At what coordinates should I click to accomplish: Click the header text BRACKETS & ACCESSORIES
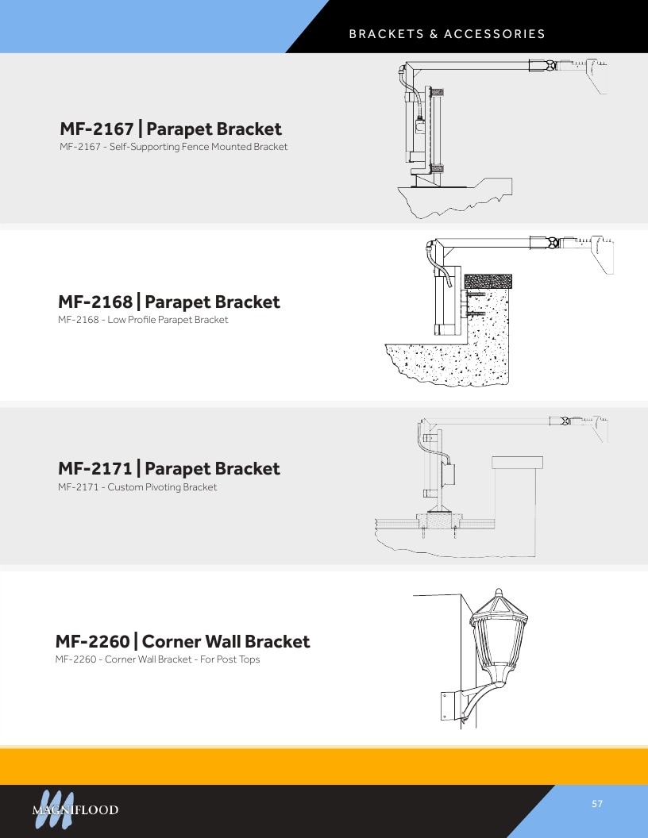tap(447, 34)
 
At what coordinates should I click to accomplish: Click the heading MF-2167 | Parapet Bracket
tap(171, 129)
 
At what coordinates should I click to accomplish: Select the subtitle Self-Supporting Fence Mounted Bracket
tap(199, 147)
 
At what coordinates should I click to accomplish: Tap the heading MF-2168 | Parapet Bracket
tap(169, 302)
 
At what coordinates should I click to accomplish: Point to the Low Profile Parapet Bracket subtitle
tap(168, 320)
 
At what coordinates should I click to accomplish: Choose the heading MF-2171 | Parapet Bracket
tap(169, 469)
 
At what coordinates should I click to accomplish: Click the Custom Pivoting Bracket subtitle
tap(162, 487)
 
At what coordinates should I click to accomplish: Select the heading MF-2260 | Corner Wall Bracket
tap(183, 641)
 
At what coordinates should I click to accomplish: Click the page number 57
tap(597, 804)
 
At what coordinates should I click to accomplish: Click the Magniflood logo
tap(75, 809)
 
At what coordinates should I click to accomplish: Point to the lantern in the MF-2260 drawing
tap(498, 639)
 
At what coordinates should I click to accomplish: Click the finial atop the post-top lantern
tap(498, 593)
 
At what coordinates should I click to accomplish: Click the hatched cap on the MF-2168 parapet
tap(488, 281)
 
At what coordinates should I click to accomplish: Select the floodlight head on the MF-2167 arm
tap(596, 76)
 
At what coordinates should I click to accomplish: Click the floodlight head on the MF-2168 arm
tap(602, 254)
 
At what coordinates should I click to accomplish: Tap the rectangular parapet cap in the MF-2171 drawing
tap(517, 463)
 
